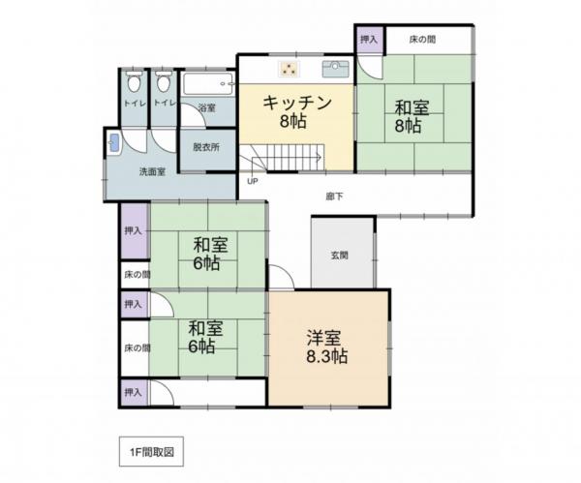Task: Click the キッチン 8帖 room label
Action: click(x=298, y=111)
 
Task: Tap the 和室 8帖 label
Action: click(x=407, y=115)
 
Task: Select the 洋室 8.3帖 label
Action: click(x=327, y=346)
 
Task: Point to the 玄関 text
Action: click(x=339, y=256)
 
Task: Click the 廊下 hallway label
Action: click(x=334, y=196)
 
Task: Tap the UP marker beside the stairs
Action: click(x=253, y=181)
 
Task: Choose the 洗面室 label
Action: click(x=151, y=171)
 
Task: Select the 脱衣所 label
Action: click(x=205, y=147)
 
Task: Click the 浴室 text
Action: click(x=205, y=107)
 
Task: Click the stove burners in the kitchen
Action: click(x=290, y=68)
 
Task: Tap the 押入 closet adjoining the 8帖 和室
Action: click(x=369, y=40)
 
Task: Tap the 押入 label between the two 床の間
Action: click(x=133, y=304)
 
